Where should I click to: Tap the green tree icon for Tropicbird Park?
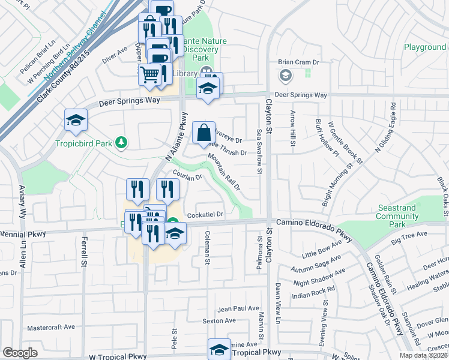pyautogui.click(x=122, y=142)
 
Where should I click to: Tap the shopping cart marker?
pyautogui.click(x=150, y=74)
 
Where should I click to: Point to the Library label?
pyautogui.click(x=185, y=73)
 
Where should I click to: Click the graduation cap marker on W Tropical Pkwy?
pyautogui.click(x=219, y=350)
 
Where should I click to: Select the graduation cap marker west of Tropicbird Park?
pyautogui.click(x=76, y=120)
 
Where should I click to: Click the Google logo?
pyautogui.click(x=20, y=353)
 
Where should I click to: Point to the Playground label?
pyautogui.click(x=424, y=47)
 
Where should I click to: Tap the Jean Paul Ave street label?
pyautogui.click(x=238, y=309)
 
